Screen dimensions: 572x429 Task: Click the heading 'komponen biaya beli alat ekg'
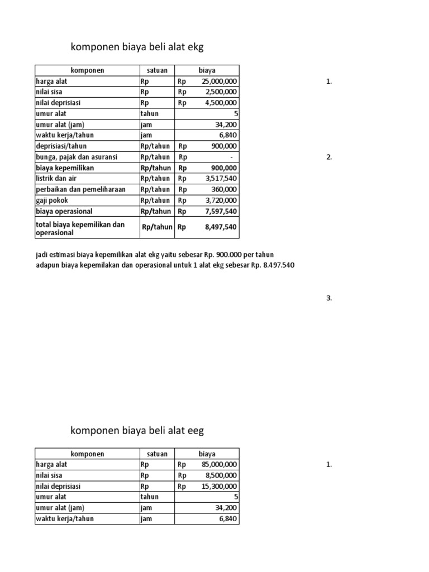[x=134, y=48]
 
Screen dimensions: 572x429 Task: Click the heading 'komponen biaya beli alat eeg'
[x=137, y=430]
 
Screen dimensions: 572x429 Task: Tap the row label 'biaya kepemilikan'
[x=65, y=168]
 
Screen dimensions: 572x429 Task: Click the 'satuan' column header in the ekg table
[x=156, y=70]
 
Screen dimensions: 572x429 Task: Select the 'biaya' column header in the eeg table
[x=207, y=454]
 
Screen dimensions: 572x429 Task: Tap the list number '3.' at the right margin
[x=329, y=298]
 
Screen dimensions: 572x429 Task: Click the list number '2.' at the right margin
[x=329, y=157]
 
